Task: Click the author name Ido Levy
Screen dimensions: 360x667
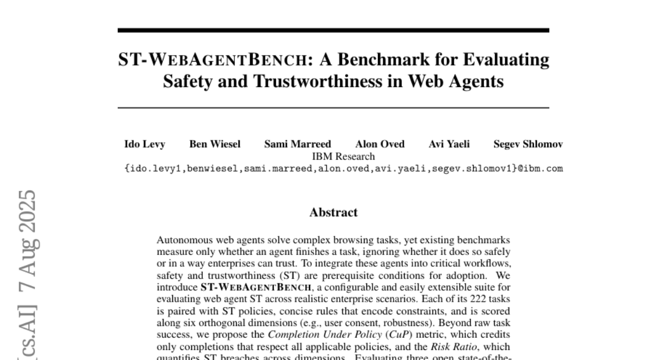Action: coord(144,144)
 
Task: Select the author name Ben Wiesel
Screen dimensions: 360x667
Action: coord(215,144)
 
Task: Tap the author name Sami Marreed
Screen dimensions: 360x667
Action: coord(297,144)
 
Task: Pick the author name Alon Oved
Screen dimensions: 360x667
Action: coord(380,144)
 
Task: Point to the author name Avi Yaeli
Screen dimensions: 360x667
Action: coord(449,144)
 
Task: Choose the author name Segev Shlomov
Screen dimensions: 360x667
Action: coord(528,144)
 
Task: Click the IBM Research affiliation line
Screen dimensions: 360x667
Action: coord(344,157)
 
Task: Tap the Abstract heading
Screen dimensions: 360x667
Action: coord(333,212)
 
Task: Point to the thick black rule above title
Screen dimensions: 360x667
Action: coord(333,30)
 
